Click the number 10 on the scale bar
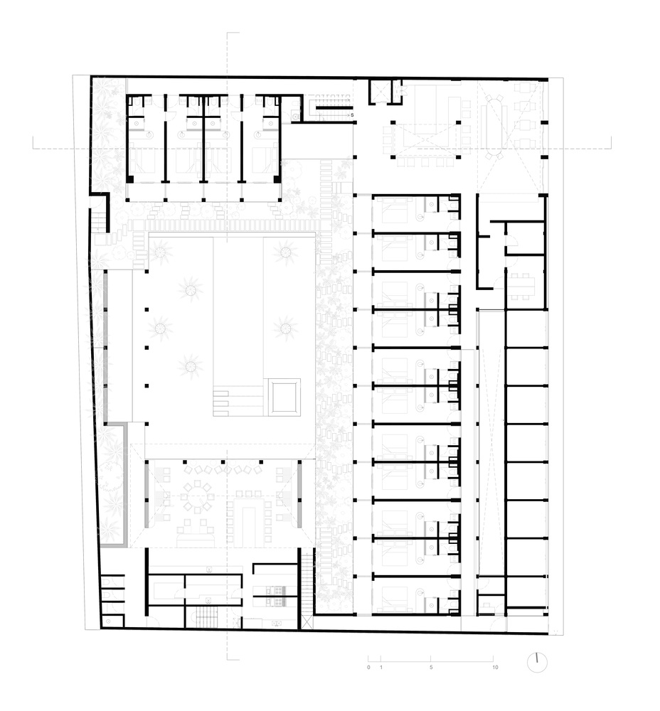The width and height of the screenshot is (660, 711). click(495, 667)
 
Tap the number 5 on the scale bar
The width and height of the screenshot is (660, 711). click(431, 667)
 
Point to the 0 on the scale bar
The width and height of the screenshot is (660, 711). click(368, 667)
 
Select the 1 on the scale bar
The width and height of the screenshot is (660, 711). click(381, 667)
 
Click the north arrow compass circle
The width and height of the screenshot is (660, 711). click(537, 663)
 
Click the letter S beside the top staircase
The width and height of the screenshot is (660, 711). click(351, 115)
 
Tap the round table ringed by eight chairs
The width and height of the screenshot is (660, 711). click(198, 498)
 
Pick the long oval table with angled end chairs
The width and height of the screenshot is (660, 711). click(494, 127)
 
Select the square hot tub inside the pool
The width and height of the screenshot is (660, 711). click(284, 397)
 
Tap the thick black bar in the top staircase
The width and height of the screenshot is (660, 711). click(334, 108)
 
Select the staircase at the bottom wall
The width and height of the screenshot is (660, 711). click(207, 617)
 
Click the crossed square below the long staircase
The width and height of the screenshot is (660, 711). click(307, 621)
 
